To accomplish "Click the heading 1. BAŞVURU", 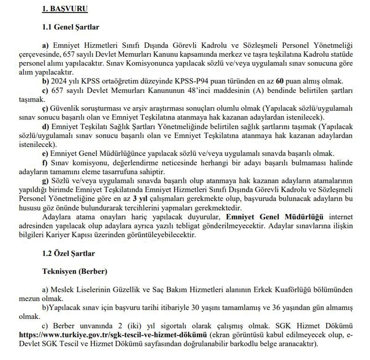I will [x=65, y=9].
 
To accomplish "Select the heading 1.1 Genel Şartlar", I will [x=71, y=27].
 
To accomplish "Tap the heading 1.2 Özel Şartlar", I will [x=68, y=253].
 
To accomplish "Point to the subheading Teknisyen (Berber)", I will [x=75, y=272].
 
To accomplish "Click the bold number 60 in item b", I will [x=280, y=82].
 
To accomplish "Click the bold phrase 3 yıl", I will [x=139, y=199].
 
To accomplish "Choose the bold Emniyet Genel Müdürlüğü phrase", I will [x=275, y=217].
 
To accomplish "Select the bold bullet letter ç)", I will [x=45, y=109].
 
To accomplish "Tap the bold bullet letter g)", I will [x=46, y=181].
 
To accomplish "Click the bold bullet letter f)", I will [x=45, y=163].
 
